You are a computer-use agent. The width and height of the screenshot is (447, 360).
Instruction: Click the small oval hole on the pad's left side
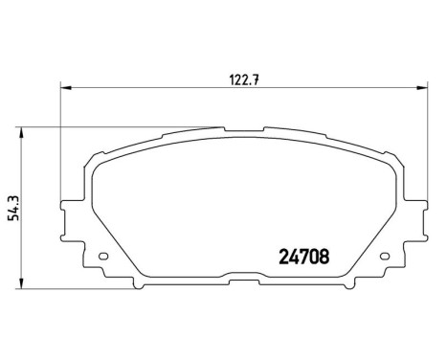click(x=102, y=256)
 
